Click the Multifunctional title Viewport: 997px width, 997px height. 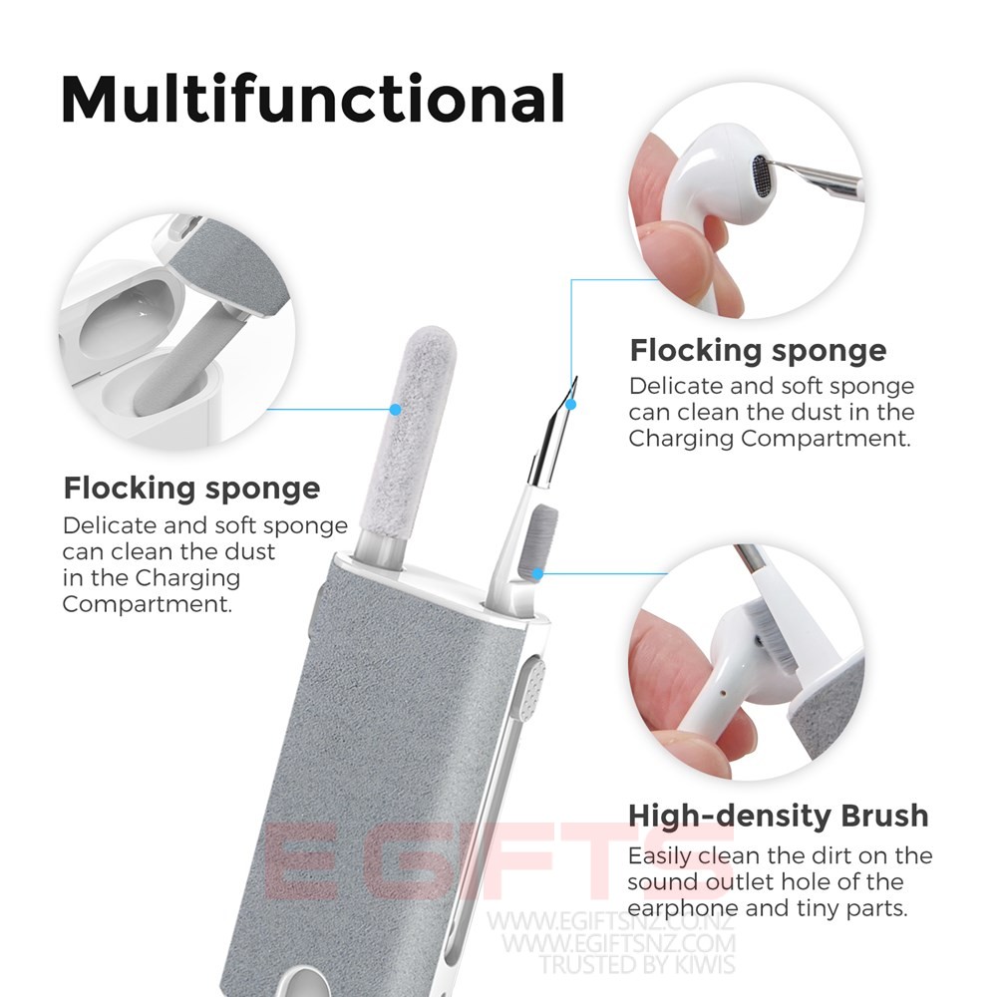coord(313,99)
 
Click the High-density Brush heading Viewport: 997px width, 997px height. coord(779,816)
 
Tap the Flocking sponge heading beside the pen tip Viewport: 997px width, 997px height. coord(758,351)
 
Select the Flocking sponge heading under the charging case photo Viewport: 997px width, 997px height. coord(191,489)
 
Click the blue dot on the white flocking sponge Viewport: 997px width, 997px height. coord(395,410)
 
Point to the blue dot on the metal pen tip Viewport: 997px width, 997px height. coord(571,404)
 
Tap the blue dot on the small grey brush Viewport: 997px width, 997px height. coord(537,574)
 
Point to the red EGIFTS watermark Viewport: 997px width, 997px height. coord(498,861)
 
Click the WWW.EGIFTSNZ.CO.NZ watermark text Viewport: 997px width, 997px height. coord(610,920)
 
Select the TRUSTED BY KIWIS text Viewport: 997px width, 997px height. coord(637,964)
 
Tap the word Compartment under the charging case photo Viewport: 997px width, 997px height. coord(148,605)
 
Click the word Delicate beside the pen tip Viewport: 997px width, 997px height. coord(675,386)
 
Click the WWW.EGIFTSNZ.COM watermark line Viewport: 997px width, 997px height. coord(618,943)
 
